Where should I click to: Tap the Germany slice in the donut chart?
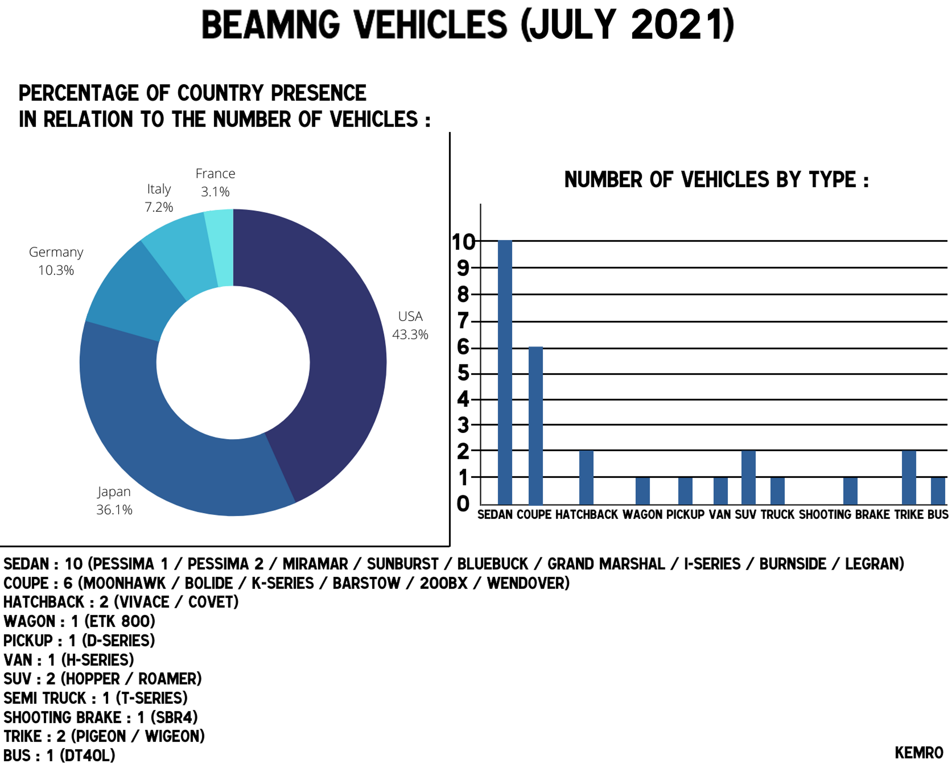(133, 292)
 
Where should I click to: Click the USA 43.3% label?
(410, 326)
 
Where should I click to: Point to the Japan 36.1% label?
(114, 501)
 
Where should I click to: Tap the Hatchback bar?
(586, 478)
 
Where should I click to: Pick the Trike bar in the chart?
(909, 478)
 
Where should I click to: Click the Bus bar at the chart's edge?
(938, 491)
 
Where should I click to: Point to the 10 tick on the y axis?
(463, 242)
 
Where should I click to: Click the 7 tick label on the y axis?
(463, 321)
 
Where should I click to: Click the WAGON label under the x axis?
(643, 515)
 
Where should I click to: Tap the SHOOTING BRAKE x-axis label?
(844, 515)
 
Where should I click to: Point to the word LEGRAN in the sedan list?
(875, 564)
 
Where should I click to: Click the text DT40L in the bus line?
(87, 755)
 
